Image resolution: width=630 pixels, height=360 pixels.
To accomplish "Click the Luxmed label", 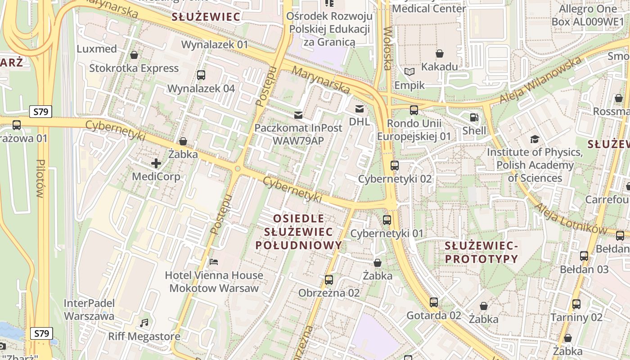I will tap(97, 49).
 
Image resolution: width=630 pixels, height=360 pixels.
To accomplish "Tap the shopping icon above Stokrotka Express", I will tap(134, 55).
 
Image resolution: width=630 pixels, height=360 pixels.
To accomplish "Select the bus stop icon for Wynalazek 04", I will tap(201, 75).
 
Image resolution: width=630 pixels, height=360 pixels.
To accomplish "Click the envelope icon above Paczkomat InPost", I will tap(298, 115).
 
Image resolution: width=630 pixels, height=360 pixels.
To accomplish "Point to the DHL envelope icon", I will tap(359, 108).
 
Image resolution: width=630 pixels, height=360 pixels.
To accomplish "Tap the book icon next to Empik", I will tap(409, 72).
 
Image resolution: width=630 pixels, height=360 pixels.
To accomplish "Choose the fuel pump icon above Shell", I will tap(474, 118).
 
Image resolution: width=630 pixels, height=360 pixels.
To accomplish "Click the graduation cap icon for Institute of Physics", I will tap(535, 139).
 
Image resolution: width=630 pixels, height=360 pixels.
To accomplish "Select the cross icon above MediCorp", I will tap(156, 163).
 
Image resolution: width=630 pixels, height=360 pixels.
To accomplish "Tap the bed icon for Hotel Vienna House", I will tap(214, 262).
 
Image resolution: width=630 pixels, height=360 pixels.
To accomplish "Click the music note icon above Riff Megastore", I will tap(144, 323).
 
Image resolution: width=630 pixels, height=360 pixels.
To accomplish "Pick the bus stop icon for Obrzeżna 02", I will tap(329, 280).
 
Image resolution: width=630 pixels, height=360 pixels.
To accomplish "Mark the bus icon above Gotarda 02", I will tap(433, 302).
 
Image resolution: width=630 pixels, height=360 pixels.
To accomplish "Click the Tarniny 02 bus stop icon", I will tap(576, 304).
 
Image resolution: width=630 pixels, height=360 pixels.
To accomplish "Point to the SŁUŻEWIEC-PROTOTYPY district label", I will tap(481, 252).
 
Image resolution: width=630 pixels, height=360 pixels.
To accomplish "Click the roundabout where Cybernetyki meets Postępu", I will tap(237, 169).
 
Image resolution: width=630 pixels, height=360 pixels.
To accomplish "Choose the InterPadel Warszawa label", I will tap(89, 310).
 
